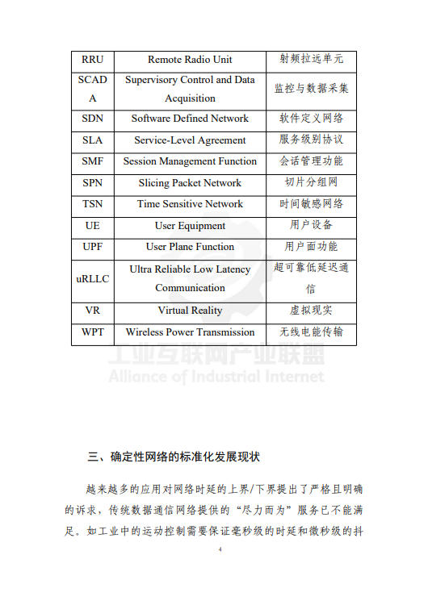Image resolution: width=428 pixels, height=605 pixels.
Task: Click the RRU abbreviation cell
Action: pyautogui.click(x=92, y=60)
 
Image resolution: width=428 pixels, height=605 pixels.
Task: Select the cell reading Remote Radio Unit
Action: pyautogui.click(x=190, y=60)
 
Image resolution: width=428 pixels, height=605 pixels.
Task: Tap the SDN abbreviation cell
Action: pyautogui.click(x=92, y=119)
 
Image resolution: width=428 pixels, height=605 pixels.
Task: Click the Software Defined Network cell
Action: pyautogui.click(x=190, y=119)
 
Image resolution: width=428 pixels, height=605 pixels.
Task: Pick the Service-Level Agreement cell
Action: pyautogui.click(x=190, y=140)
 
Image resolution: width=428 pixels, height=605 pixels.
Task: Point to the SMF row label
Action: pyautogui.click(x=92, y=161)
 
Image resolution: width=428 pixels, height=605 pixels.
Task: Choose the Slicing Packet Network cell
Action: pyautogui.click(x=190, y=183)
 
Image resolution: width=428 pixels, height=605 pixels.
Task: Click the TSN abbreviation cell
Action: pyautogui.click(x=92, y=204)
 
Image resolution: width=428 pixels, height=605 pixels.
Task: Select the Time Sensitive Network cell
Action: pyautogui.click(x=190, y=204)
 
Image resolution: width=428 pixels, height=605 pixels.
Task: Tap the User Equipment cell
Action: pyautogui.click(x=190, y=226)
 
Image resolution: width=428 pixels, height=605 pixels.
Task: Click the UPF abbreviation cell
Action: pyautogui.click(x=92, y=247)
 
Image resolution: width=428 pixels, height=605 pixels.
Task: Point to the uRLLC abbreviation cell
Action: pyautogui.click(x=92, y=278)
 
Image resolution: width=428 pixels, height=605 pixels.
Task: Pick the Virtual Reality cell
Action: pyautogui.click(x=190, y=311)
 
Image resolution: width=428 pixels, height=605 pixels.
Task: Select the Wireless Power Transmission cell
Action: pyautogui.click(x=190, y=332)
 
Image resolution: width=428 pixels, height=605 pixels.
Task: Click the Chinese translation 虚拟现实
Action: pyautogui.click(x=311, y=311)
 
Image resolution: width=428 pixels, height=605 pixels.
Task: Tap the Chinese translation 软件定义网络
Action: pyautogui.click(x=311, y=119)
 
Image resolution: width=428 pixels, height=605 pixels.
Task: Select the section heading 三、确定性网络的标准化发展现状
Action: pyautogui.click(x=174, y=457)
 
